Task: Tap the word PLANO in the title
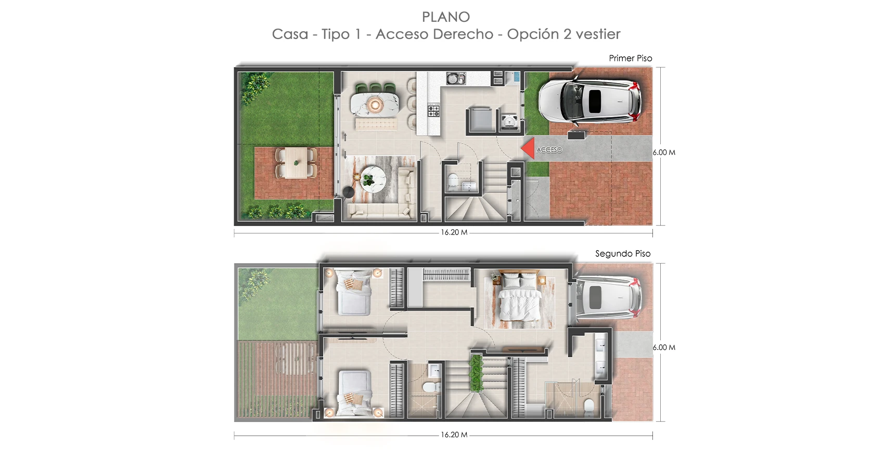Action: click(446, 17)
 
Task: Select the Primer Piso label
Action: click(630, 58)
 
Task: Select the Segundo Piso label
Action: click(623, 254)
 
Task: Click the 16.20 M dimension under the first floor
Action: click(454, 232)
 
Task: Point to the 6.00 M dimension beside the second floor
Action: click(664, 347)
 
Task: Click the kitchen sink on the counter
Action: click(456, 78)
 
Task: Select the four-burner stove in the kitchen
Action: click(434, 111)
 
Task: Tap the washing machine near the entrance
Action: click(509, 121)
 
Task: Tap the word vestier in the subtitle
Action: click(598, 34)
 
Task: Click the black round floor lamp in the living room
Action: click(348, 192)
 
